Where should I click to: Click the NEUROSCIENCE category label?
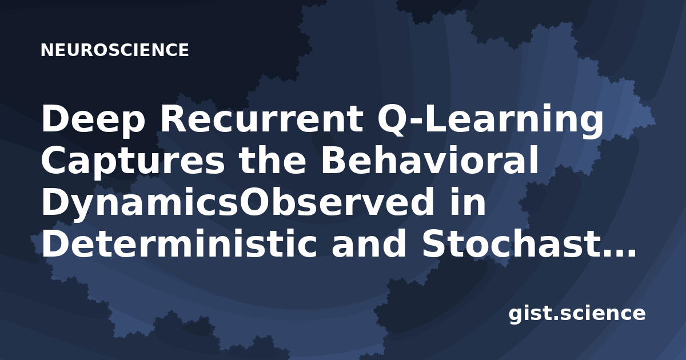(114, 50)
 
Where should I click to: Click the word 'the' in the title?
(273, 160)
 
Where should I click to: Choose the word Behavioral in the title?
(429, 160)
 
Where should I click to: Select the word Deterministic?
(179, 243)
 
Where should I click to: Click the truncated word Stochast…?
(528, 243)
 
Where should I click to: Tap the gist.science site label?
(577, 314)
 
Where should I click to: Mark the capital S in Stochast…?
(435, 243)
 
